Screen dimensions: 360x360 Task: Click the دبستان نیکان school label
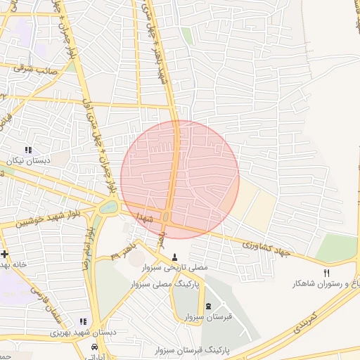pos(28,161)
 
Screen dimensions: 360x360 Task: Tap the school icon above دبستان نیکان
pos(28,150)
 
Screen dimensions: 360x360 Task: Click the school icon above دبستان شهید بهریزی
pos(84,321)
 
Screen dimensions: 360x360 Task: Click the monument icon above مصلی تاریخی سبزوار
pos(174,257)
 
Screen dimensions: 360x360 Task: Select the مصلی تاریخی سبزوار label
pos(174,268)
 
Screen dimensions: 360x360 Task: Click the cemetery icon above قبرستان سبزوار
pos(209,306)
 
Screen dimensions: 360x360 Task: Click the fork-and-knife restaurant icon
pos(326,272)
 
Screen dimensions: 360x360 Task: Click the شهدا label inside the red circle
pos(145,212)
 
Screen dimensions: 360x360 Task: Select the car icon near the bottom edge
pos(94,348)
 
